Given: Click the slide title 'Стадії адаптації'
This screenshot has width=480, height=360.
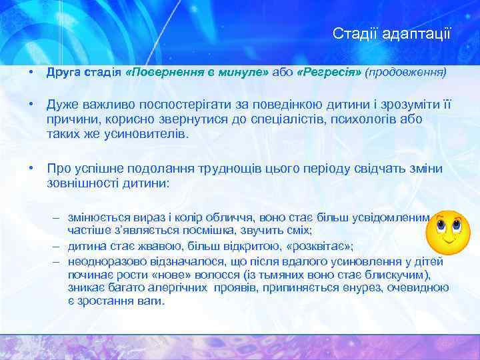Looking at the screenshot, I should click(392, 33).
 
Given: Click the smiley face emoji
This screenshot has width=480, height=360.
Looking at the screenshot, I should click(448, 231).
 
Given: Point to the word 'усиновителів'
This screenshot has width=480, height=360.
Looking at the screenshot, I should click(150, 133).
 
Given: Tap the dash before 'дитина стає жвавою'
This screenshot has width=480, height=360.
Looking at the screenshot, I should click(58, 245).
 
